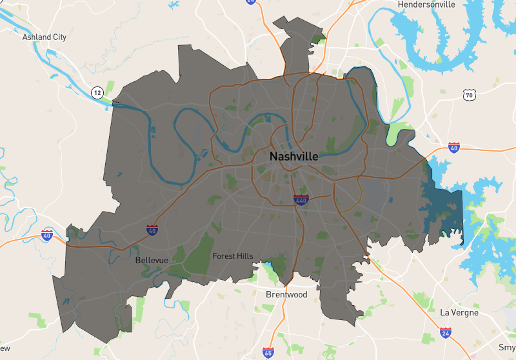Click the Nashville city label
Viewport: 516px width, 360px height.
[293, 157]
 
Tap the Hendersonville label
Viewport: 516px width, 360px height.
[426, 5]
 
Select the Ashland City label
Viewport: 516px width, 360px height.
[45, 37]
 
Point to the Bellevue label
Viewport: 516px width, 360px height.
[152, 260]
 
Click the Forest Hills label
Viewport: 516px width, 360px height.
[233, 256]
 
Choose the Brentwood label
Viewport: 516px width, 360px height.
[286, 295]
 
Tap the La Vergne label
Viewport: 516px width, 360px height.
[459, 312]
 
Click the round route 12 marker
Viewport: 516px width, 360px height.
[97, 92]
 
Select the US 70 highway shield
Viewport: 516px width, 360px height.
[469, 95]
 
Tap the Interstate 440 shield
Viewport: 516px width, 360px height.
[301, 200]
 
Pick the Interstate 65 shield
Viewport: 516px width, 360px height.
[268, 352]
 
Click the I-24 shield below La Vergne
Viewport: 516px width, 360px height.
[445, 334]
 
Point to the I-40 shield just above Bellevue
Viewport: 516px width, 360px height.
[152, 230]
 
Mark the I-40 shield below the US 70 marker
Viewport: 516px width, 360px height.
[454, 148]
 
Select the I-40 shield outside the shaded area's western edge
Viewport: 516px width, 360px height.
[47, 234]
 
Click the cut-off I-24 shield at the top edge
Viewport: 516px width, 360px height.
[250, 2]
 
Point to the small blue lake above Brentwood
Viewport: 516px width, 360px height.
[267, 265]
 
